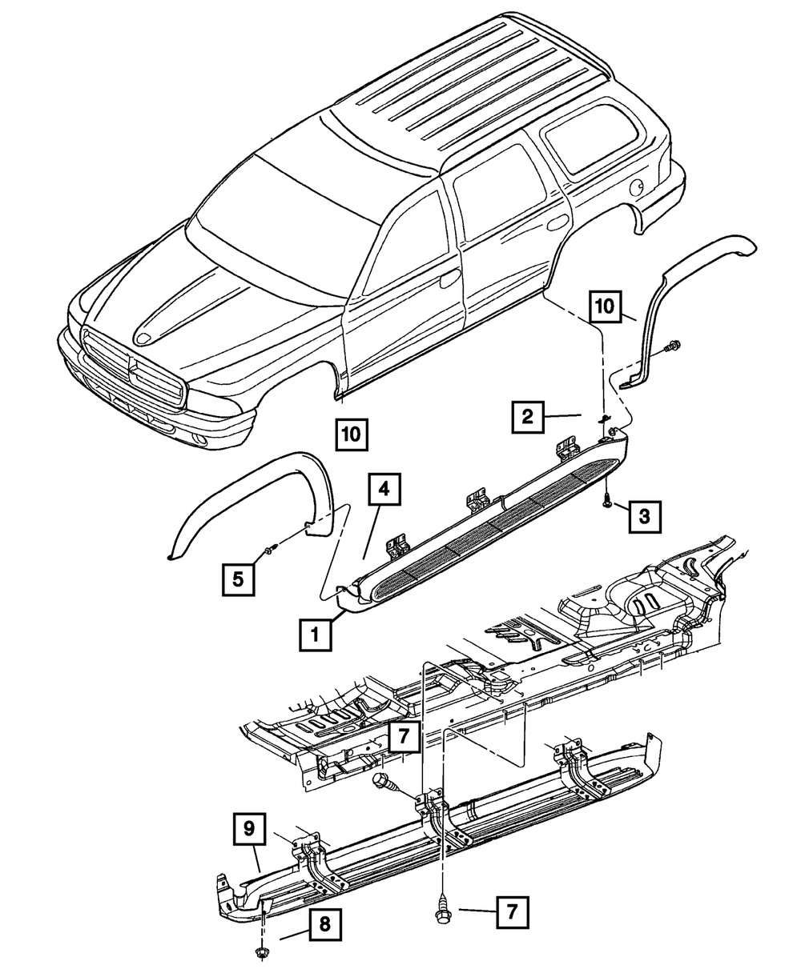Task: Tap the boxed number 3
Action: click(645, 516)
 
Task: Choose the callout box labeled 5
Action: click(239, 577)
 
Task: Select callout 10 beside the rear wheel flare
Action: click(606, 306)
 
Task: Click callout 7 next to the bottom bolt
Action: click(511, 911)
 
